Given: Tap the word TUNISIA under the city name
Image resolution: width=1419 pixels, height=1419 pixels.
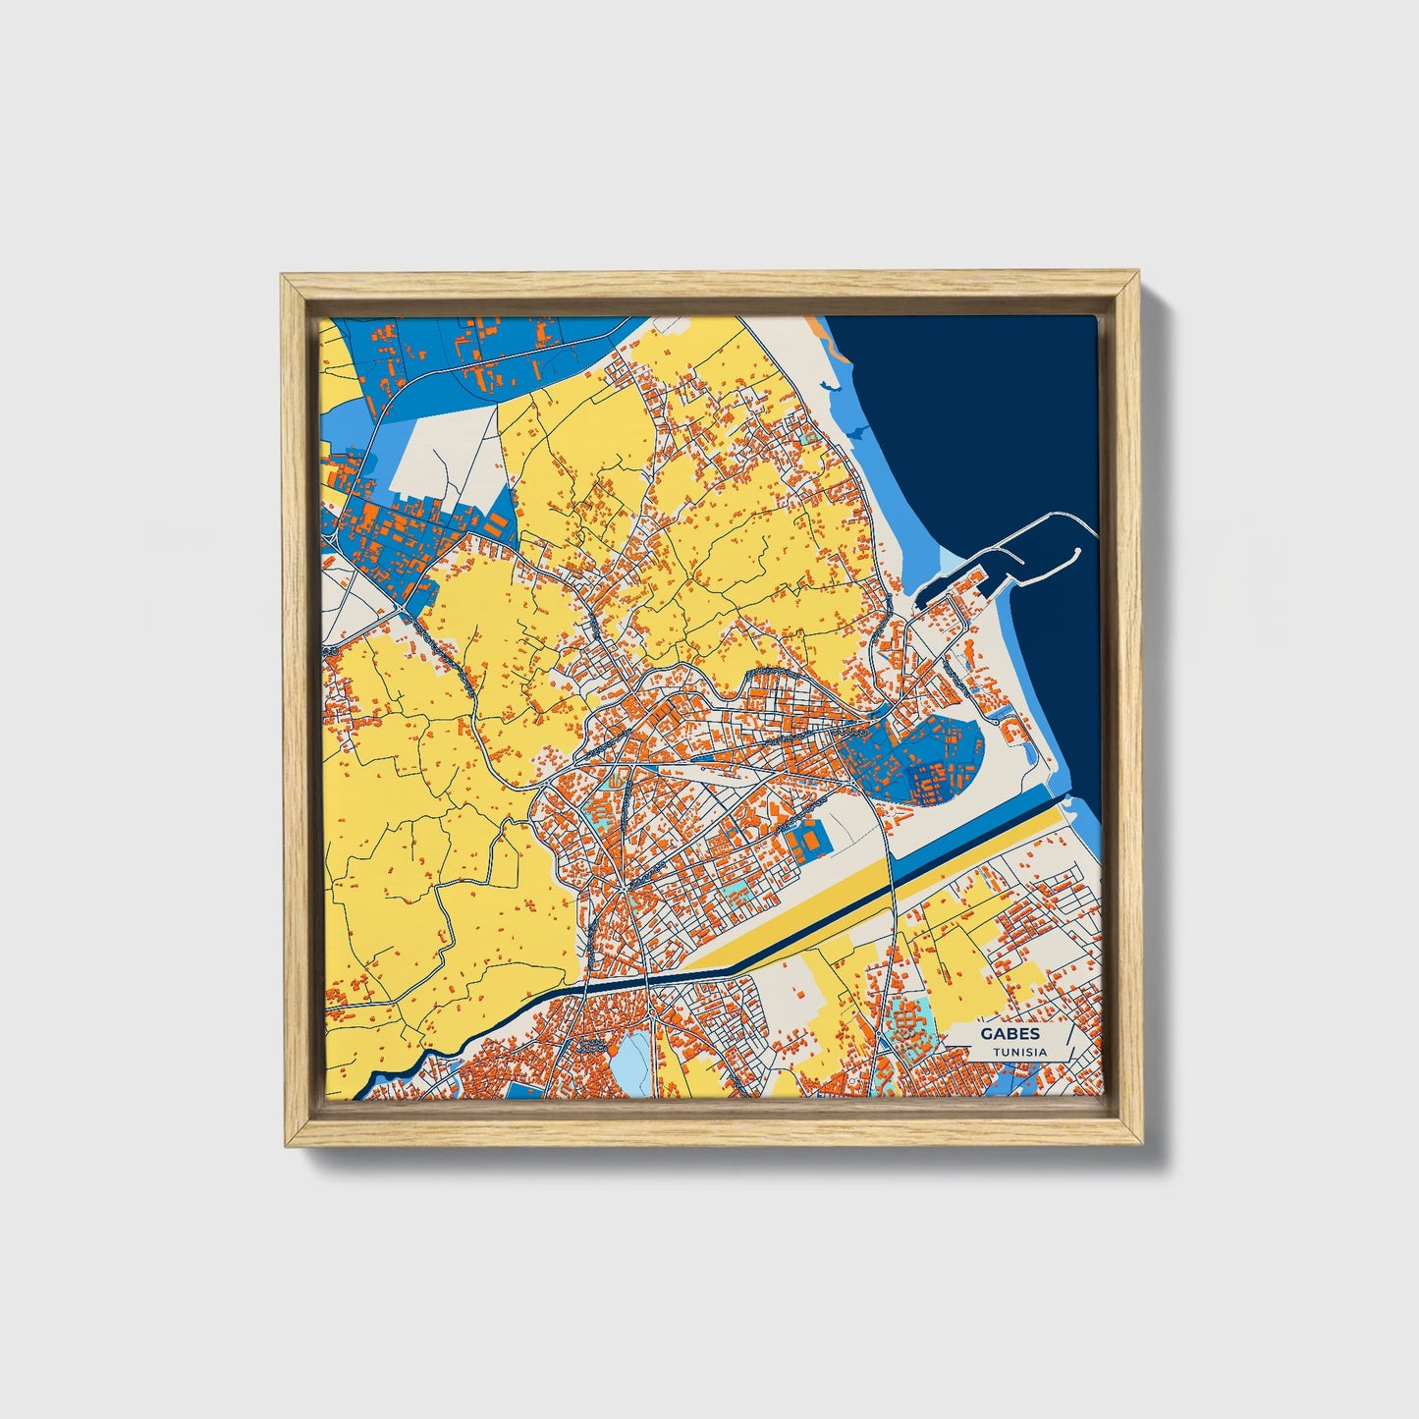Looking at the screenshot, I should (1019, 1052).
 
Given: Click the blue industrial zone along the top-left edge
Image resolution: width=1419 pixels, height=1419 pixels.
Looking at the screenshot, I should (471, 354).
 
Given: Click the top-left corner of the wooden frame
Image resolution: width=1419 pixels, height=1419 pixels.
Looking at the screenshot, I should (285, 278).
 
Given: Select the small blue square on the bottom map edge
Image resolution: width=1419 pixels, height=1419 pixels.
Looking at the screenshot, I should (522, 1090).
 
